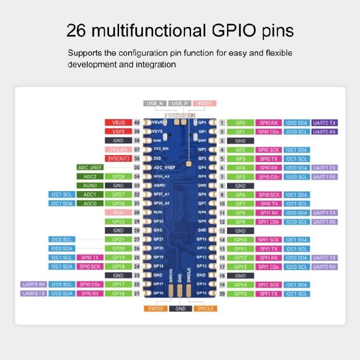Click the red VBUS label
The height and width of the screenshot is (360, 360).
point(118,122)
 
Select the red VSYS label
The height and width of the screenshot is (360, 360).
point(118,132)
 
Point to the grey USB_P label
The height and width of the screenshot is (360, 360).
point(180,104)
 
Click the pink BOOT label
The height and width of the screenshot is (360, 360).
point(204,104)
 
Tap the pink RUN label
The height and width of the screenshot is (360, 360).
point(118,213)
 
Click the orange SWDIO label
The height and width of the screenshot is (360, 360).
point(156,309)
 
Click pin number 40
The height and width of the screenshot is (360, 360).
point(137,122)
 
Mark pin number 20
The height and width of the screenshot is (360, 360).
point(222,294)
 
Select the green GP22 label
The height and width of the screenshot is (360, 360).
point(118,221)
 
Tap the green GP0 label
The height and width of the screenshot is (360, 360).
point(240,123)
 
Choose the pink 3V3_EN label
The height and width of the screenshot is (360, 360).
point(118,149)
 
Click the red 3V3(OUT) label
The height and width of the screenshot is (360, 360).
point(118,158)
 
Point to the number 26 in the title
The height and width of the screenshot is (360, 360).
point(76,31)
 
